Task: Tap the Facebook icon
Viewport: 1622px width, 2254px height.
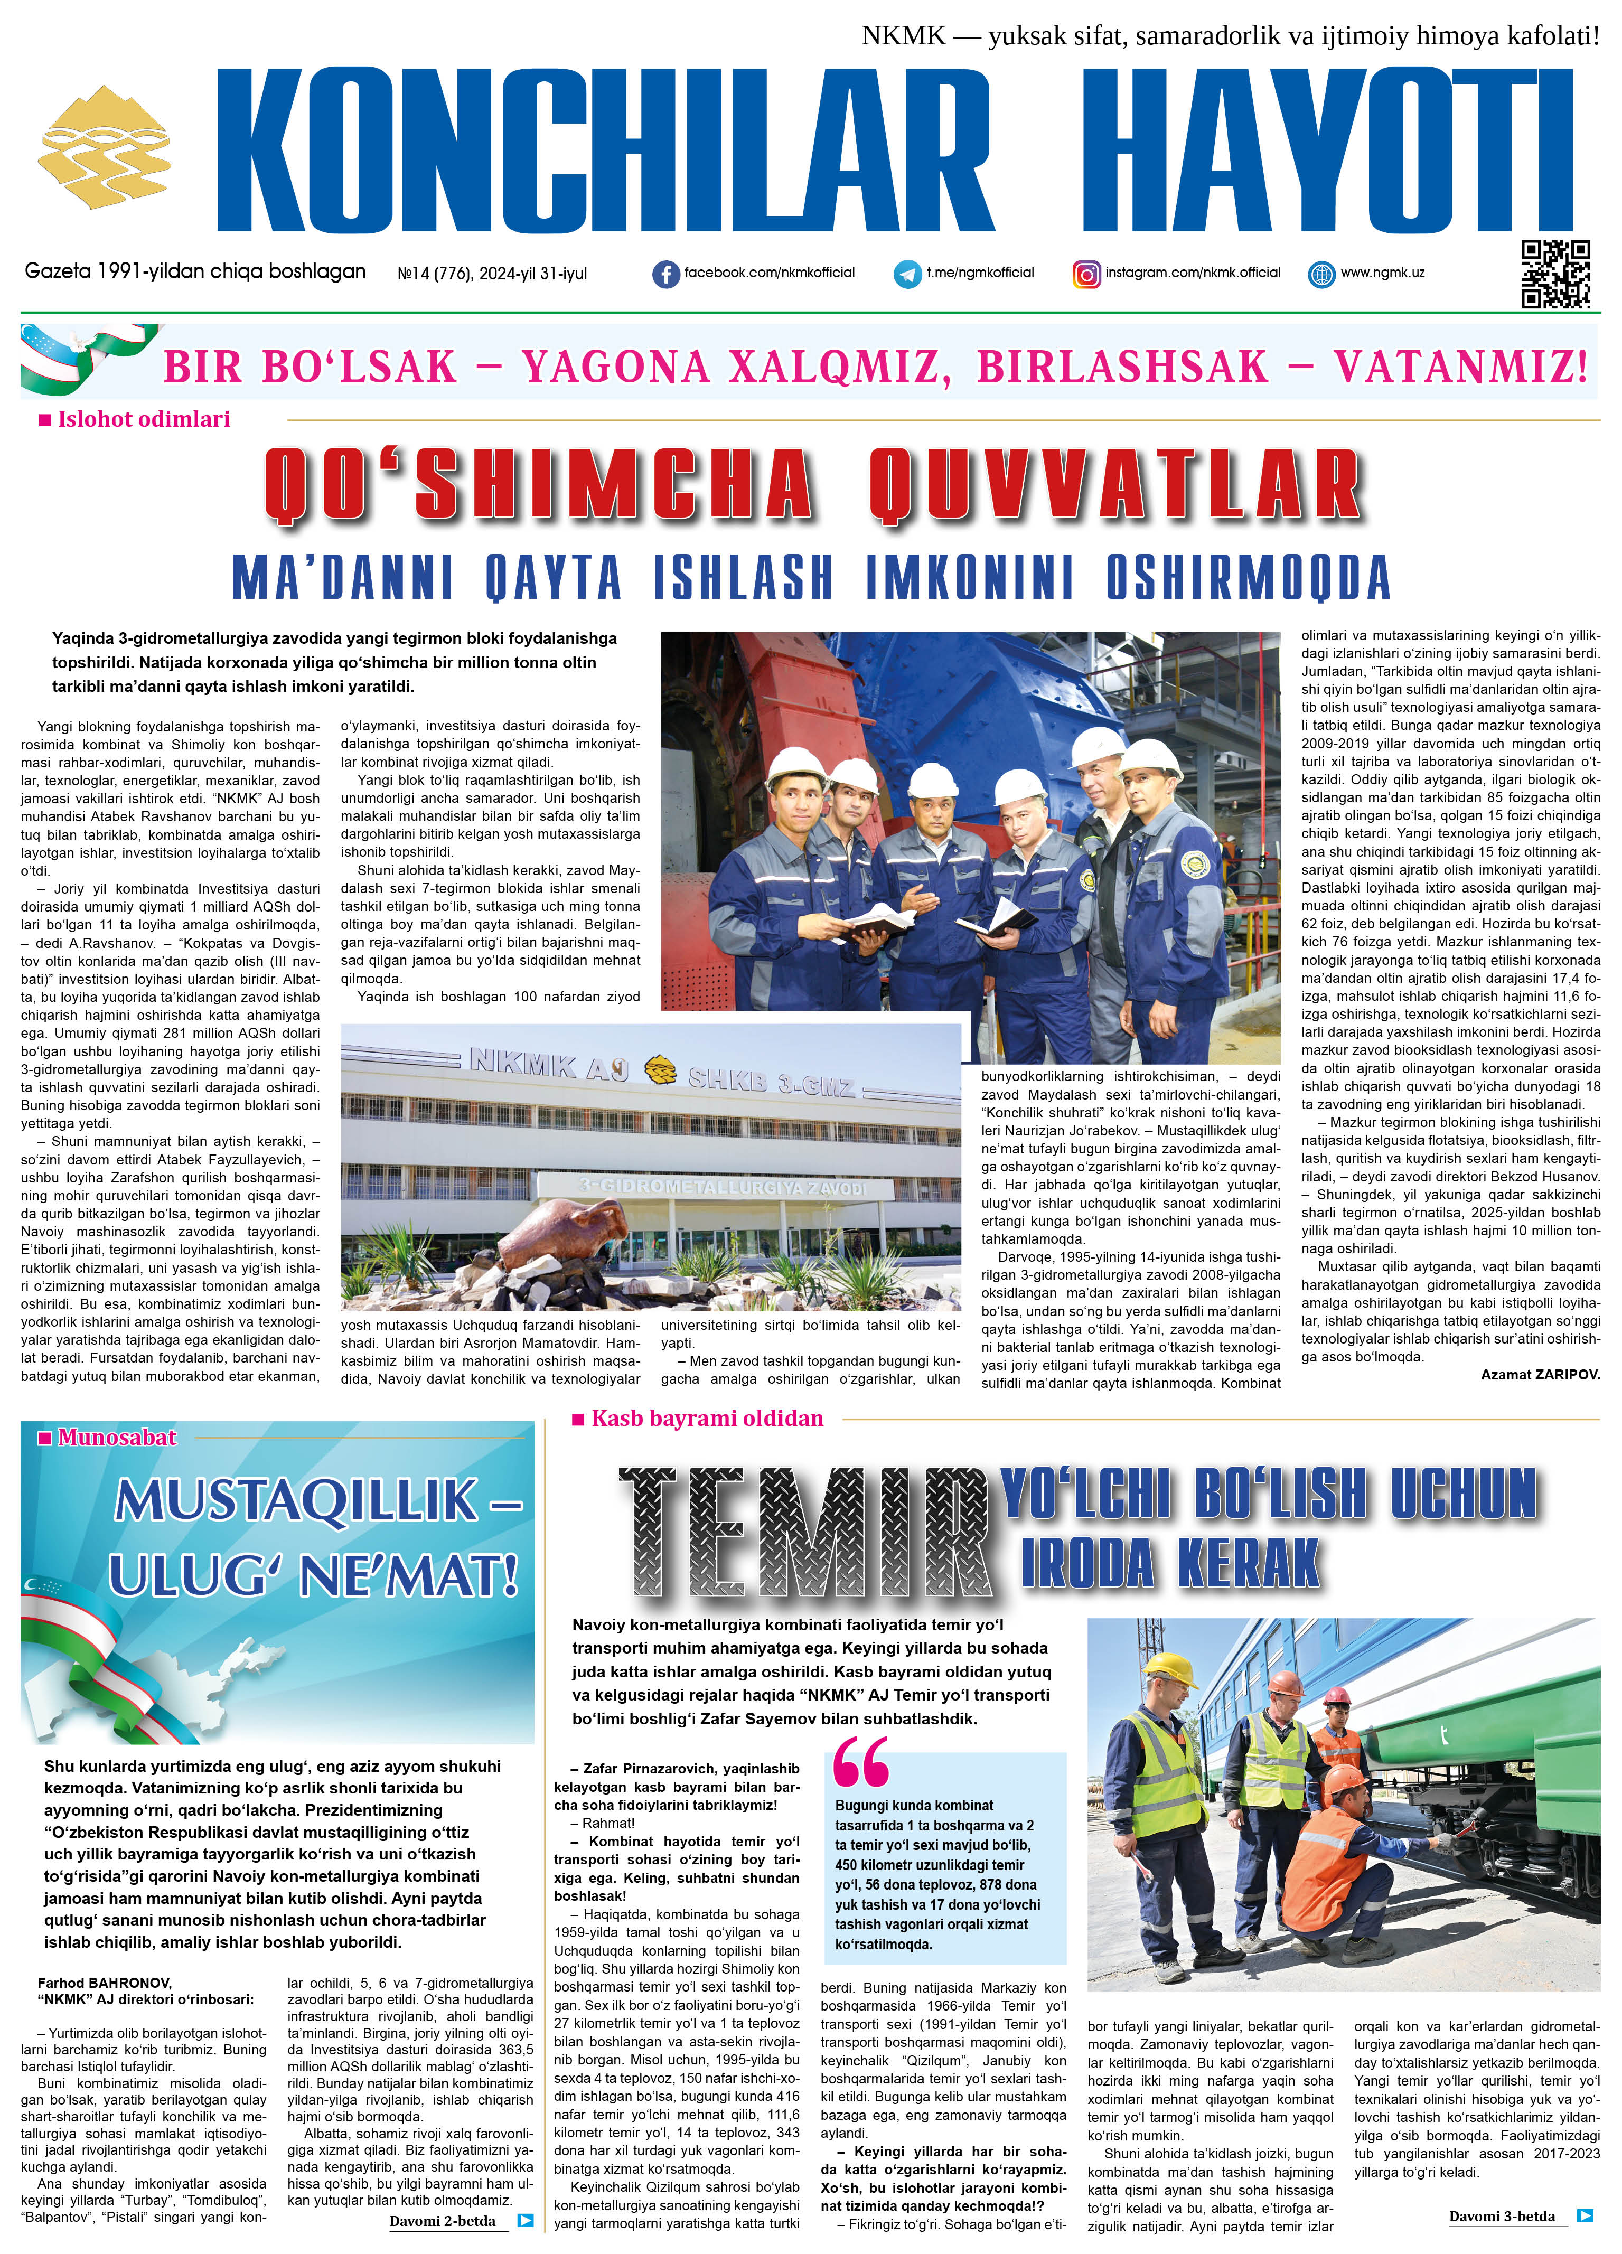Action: (665, 274)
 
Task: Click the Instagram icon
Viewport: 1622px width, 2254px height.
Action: (1086, 274)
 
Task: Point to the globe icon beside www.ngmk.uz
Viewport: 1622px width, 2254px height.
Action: (1321, 274)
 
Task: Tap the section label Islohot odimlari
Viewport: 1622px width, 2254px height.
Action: (143, 419)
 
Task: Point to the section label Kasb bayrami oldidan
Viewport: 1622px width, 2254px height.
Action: (707, 1418)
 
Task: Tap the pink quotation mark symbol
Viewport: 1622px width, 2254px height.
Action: (861, 1761)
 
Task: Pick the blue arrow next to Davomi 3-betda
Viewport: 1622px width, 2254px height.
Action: (1585, 2215)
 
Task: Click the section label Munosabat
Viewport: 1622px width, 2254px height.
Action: (116, 1437)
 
